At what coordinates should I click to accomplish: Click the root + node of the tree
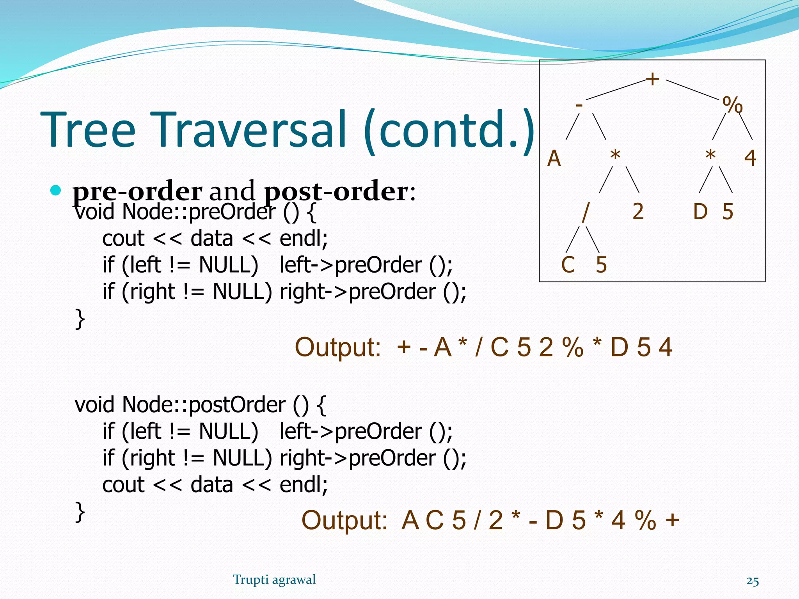point(652,79)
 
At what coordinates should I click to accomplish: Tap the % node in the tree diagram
point(732,105)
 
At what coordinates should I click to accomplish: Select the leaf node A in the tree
point(554,159)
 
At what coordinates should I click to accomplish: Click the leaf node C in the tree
point(568,265)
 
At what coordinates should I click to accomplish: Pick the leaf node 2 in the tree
point(637,212)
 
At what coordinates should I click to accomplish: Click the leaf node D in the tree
point(700,212)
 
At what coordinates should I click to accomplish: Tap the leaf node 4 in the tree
point(750,159)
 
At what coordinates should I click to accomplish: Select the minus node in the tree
point(579,105)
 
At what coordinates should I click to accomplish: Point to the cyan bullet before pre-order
point(56,190)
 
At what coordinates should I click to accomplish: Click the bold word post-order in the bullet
point(336,192)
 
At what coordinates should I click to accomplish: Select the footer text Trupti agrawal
point(274,580)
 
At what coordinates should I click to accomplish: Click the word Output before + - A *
point(337,347)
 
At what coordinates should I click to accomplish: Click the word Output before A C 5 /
point(344,520)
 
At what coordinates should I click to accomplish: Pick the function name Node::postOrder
point(203,405)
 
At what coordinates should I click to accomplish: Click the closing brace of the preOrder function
point(80,319)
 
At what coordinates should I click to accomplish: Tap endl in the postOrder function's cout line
point(304,485)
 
